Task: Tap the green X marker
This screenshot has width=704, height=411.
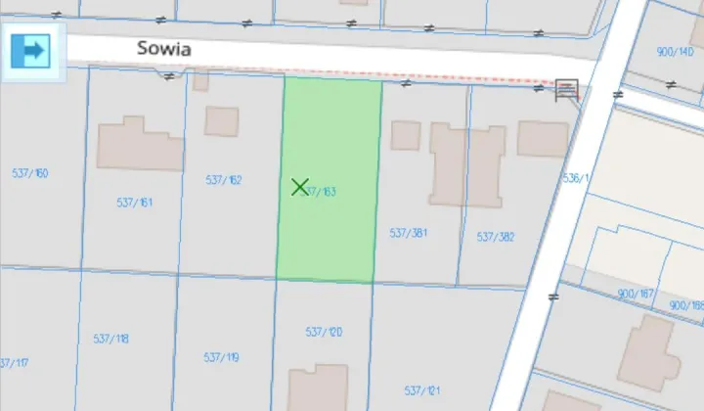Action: (x=299, y=186)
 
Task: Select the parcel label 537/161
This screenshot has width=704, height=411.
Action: (x=135, y=203)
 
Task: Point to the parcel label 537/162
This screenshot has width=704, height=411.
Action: (x=224, y=180)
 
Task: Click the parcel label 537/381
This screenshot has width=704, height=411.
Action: (x=410, y=233)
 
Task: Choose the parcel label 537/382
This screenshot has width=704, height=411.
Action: (x=496, y=237)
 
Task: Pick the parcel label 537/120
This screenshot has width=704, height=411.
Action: (x=324, y=333)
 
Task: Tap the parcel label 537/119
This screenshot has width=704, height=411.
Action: (x=221, y=358)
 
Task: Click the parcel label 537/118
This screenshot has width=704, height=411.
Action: (x=110, y=339)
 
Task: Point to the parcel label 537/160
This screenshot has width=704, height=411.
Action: (x=30, y=173)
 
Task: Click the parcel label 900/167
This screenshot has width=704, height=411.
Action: (x=636, y=294)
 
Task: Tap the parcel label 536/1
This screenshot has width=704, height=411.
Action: (x=577, y=179)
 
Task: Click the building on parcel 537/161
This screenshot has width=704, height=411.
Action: (x=140, y=145)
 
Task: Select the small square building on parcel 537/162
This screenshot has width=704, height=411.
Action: (x=222, y=121)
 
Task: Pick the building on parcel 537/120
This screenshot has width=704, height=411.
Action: (x=318, y=387)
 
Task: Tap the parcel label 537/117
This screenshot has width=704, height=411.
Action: (x=12, y=363)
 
